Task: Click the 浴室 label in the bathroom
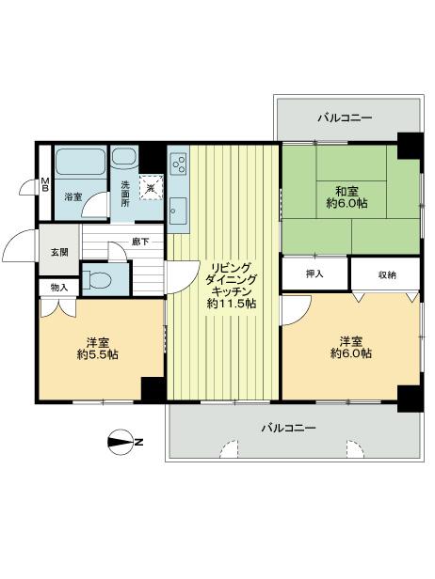point(72,197)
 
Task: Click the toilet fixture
point(97,278)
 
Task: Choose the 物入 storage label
point(59,287)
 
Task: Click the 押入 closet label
point(314,274)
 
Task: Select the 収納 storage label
point(386,274)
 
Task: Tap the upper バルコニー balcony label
point(344,118)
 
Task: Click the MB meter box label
point(43,185)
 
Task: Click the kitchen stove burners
point(179,165)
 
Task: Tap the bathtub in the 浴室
point(79,162)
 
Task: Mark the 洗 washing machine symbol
point(151,187)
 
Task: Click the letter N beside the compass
point(138,442)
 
